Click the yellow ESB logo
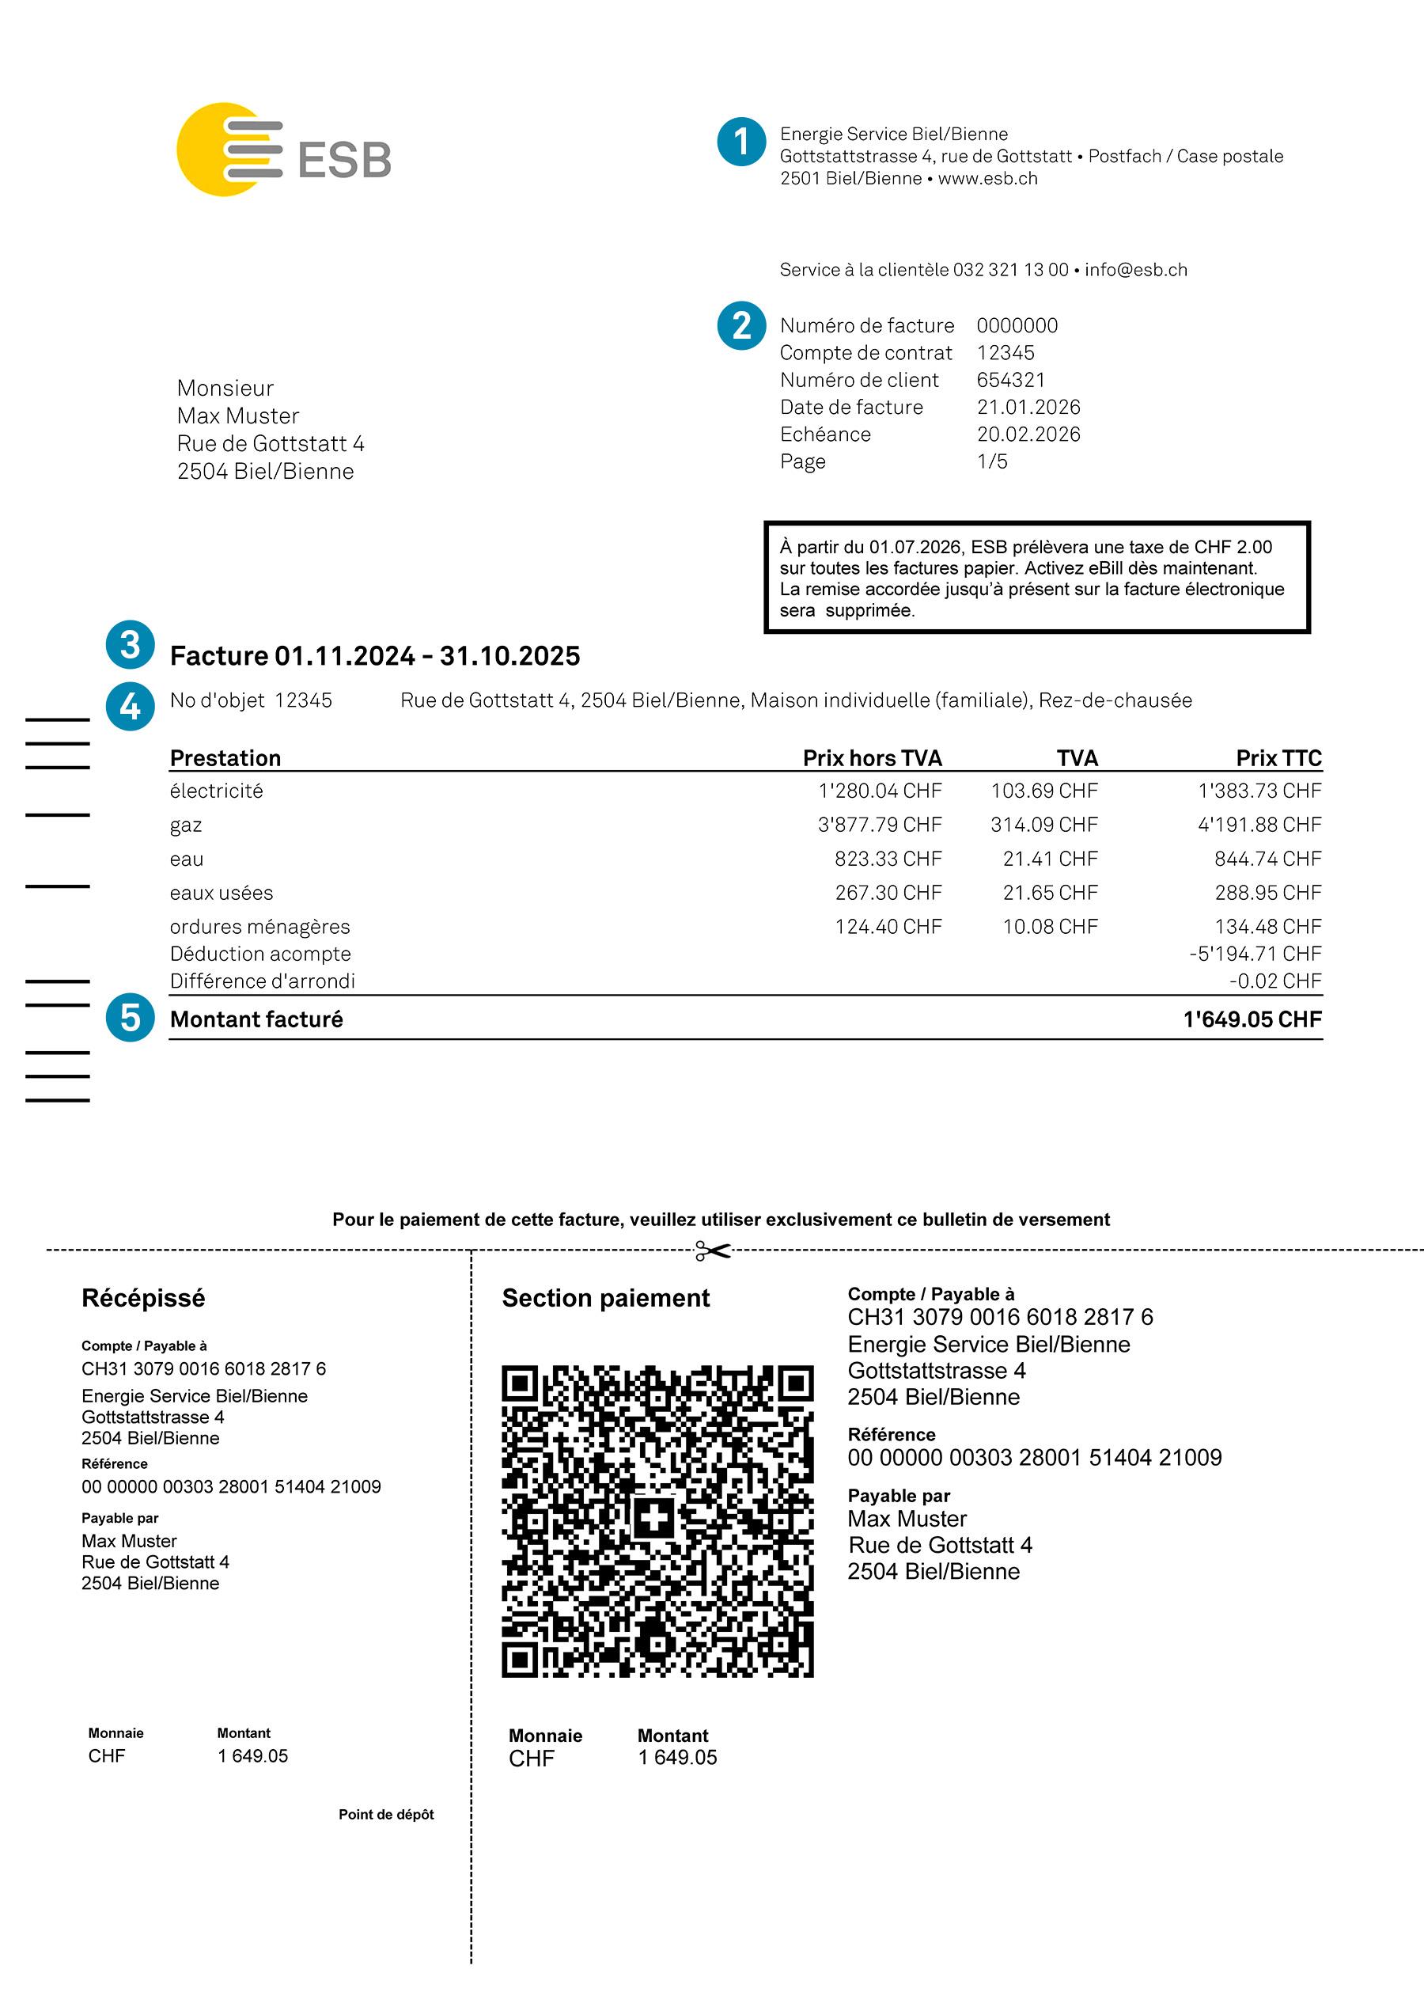pyautogui.click(x=282, y=150)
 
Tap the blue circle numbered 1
pyautogui.click(x=741, y=142)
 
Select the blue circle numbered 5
pyautogui.click(x=130, y=1017)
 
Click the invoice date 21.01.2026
pyautogui.click(x=1028, y=408)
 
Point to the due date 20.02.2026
pyautogui.click(x=1028, y=434)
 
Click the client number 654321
pyautogui.click(x=1011, y=380)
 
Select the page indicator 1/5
pyautogui.click(x=992, y=461)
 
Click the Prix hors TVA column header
pyautogui.click(x=871, y=758)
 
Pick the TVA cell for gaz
pyautogui.click(x=1043, y=825)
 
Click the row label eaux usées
pyautogui.click(x=221, y=894)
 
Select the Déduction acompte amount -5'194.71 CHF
pyautogui.click(x=1255, y=954)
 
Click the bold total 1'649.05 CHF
pyautogui.click(x=1252, y=1020)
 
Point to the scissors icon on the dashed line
pyautogui.click(x=713, y=1250)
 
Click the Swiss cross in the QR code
pyautogui.click(x=654, y=1517)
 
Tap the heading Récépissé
pyautogui.click(x=143, y=1298)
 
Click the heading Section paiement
pyautogui.click(x=605, y=1298)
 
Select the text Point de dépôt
pyautogui.click(x=386, y=1814)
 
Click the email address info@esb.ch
pyautogui.click(x=1135, y=269)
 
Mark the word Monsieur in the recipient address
pyautogui.click(x=225, y=388)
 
